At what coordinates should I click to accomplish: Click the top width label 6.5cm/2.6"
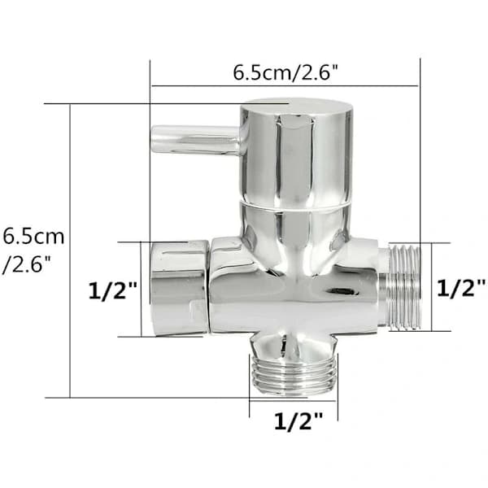point(285,72)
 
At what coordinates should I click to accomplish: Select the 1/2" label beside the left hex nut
point(112,290)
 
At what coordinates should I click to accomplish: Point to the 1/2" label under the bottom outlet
point(298,420)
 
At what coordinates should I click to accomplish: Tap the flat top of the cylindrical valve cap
point(297,106)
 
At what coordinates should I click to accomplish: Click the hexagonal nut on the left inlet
point(179,288)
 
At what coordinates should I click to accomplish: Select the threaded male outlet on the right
point(399,287)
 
